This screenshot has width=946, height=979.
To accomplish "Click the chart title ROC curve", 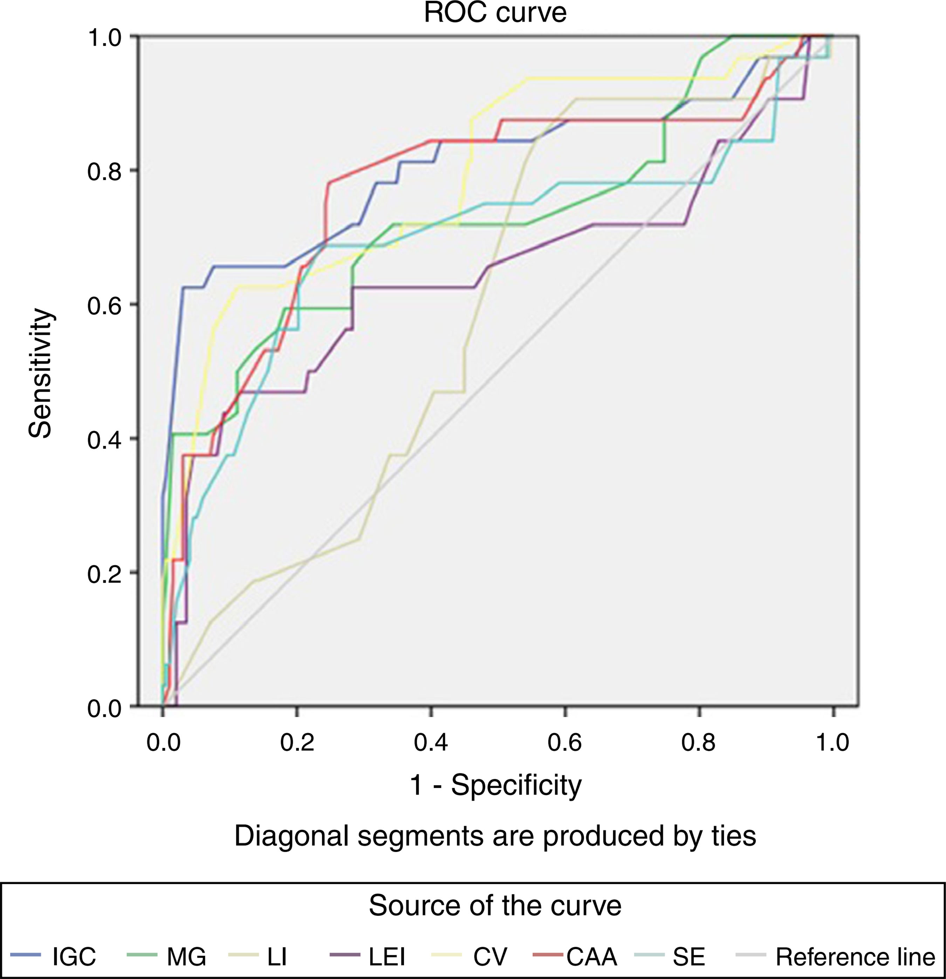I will pos(495,13).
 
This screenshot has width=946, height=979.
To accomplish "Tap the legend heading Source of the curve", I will pos(495,905).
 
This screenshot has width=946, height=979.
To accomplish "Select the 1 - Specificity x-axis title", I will pos(495,786).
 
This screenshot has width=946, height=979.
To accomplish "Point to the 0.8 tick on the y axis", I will pos(104,171).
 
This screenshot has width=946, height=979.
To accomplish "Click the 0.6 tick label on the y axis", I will pos(104,306).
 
